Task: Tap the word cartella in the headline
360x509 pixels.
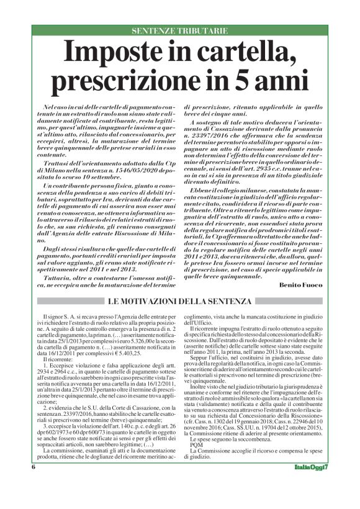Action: pyautogui.click(x=233, y=52)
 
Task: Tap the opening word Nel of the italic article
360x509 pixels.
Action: pyautogui.click(x=50, y=108)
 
